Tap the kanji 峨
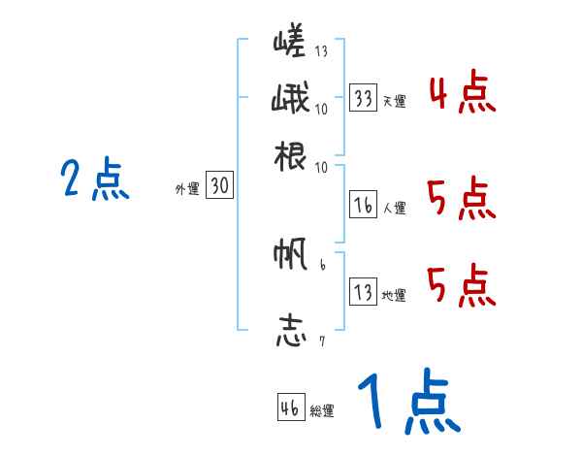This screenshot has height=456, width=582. [x=290, y=100]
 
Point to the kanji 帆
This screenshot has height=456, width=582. [x=290, y=256]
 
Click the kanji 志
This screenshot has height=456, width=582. [x=290, y=330]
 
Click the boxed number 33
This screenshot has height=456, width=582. [x=364, y=98]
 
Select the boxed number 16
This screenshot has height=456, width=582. [x=364, y=204]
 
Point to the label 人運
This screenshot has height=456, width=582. [x=394, y=207]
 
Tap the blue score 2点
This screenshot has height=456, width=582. [x=94, y=180]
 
